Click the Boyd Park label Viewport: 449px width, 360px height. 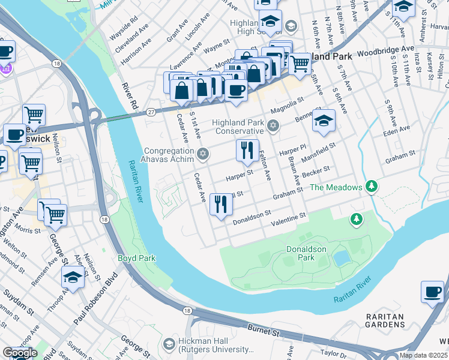(x=137, y=258)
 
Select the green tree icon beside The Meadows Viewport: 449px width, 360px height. (x=372, y=187)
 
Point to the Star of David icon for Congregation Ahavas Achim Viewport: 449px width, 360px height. (x=203, y=155)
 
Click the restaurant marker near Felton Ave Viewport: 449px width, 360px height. (x=247, y=151)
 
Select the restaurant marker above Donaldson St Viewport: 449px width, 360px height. (x=220, y=205)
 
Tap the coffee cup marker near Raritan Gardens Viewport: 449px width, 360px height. (x=432, y=292)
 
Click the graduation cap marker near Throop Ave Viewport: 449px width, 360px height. (x=73, y=278)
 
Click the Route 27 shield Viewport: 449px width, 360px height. (x=151, y=111)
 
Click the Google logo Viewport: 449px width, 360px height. (x=20, y=353)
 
